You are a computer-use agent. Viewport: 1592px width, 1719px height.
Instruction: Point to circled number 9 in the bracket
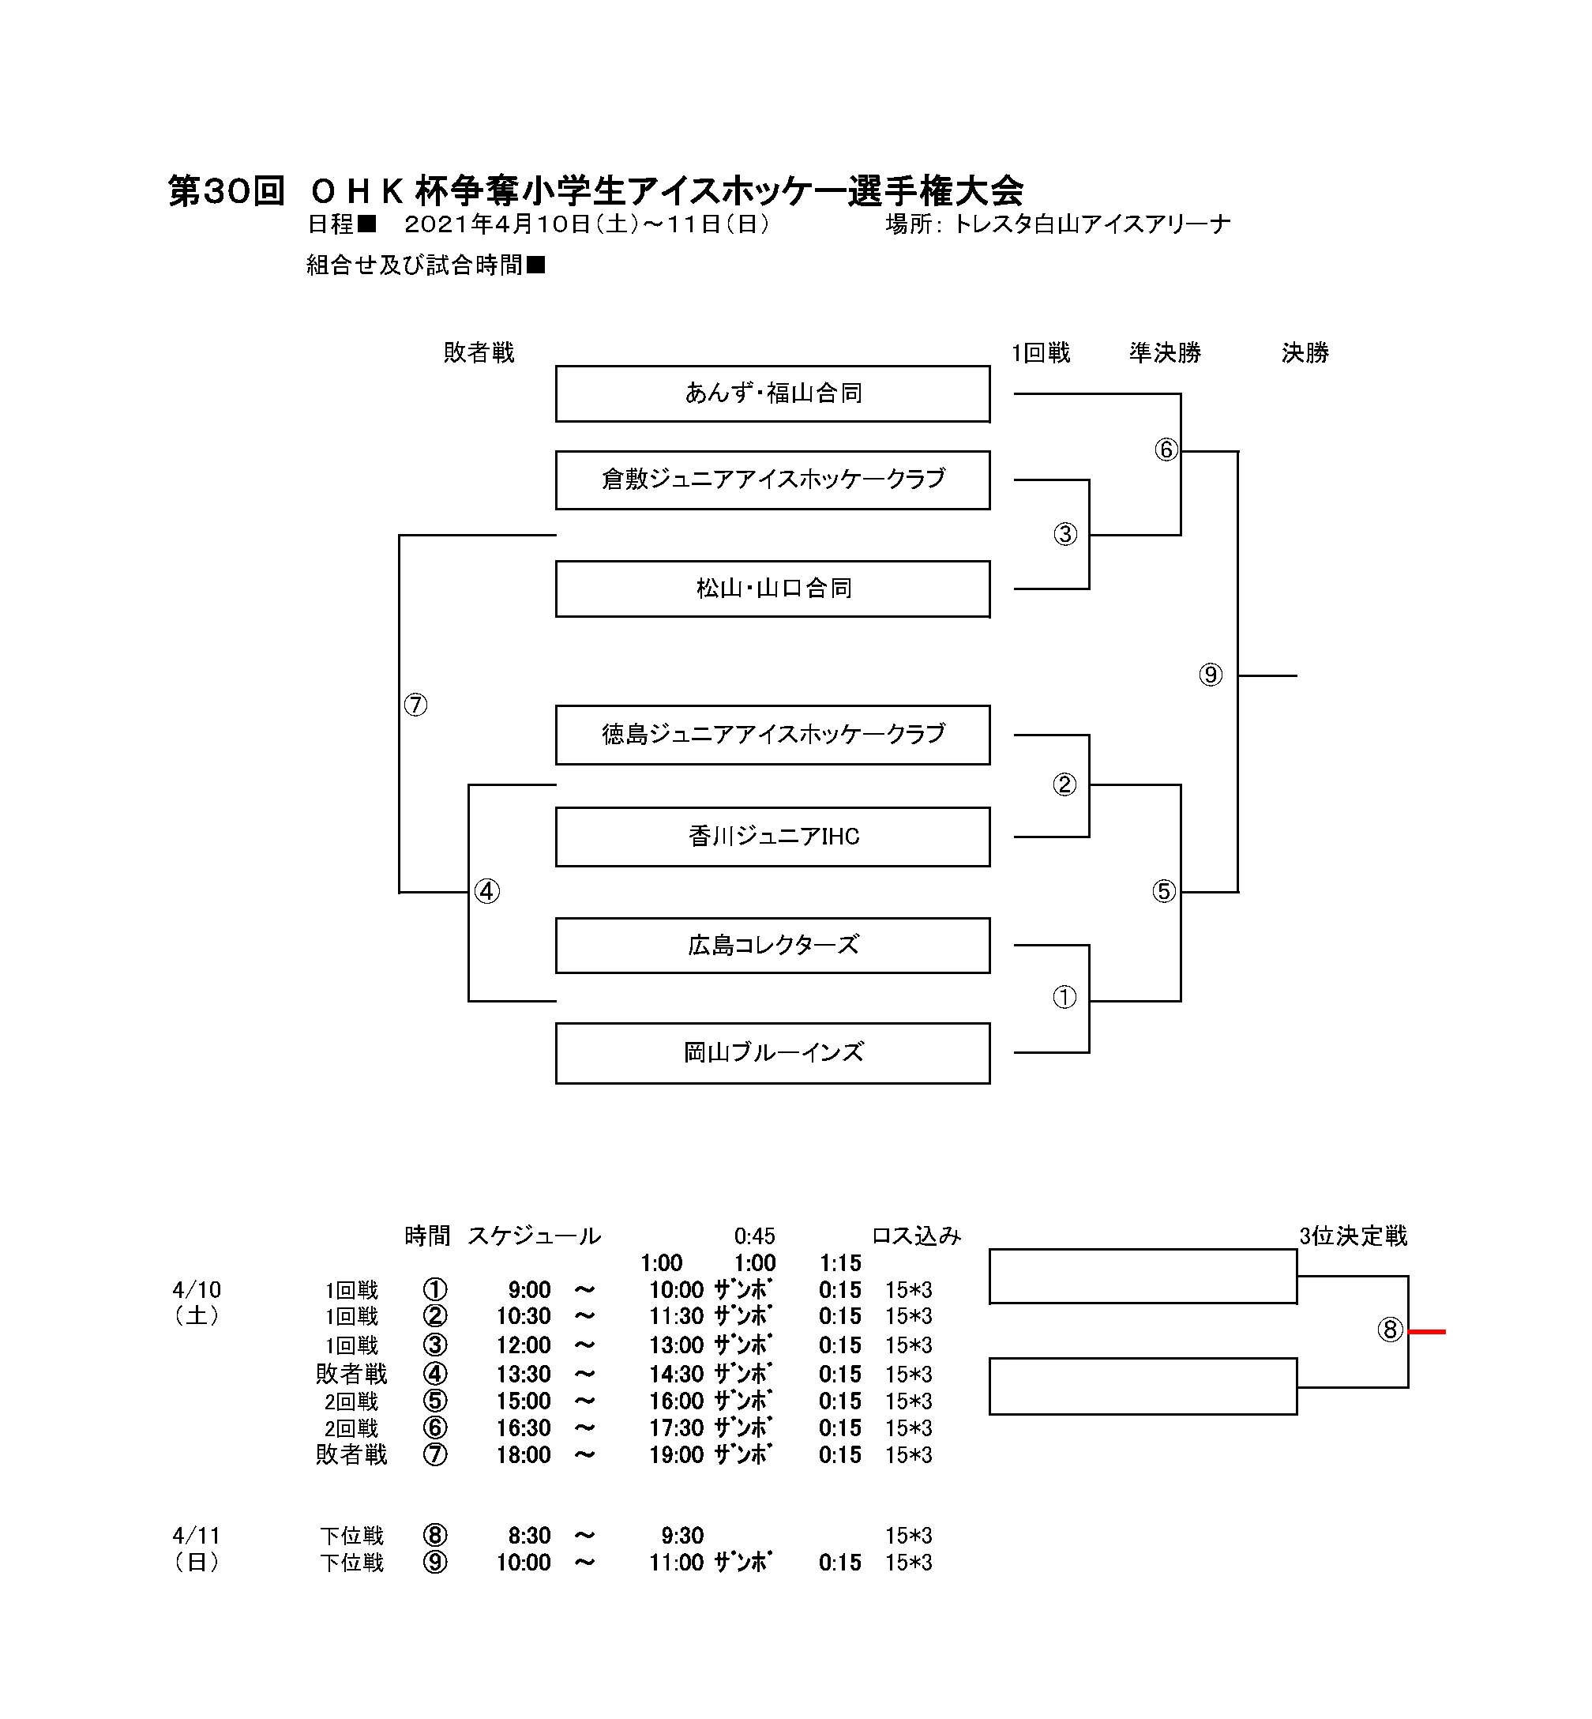[1211, 675]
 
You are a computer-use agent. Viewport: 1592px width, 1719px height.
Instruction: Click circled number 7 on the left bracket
[415, 705]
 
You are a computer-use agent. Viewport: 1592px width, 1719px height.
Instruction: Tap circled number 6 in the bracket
[1166, 449]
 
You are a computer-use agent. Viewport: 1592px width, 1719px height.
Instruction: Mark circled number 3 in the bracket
[1064, 534]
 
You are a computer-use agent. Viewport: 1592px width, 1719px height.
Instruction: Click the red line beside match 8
[1427, 1332]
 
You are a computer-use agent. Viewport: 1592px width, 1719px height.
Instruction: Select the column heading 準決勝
[1165, 352]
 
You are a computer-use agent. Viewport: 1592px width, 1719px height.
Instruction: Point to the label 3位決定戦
[1353, 1236]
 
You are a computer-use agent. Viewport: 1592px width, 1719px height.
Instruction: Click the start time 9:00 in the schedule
[529, 1290]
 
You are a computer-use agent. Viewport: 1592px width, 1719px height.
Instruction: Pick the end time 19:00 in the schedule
[676, 1454]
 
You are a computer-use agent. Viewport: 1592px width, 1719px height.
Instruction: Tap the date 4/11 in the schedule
[197, 1536]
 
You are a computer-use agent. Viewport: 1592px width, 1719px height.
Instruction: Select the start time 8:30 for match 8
[529, 1536]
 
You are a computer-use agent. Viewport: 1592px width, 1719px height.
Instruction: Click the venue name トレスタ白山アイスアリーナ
[1091, 225]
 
